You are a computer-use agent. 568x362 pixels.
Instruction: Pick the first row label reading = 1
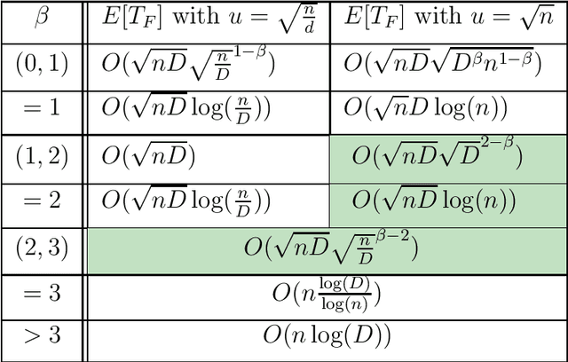(x=43, y=108)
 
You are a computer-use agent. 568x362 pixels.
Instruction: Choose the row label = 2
(x=43, y=201)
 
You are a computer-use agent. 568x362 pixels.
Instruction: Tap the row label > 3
(x=43, y=335)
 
